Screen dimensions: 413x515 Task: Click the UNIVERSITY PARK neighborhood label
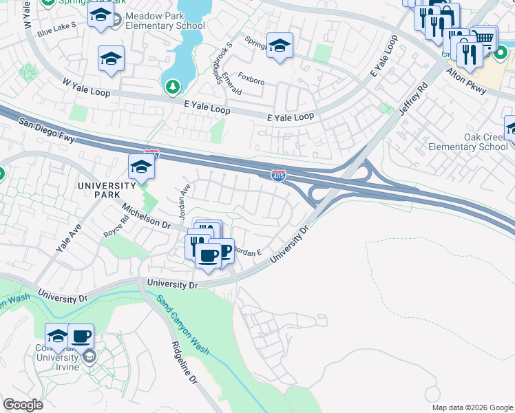107,190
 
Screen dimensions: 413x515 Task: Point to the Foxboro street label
251,81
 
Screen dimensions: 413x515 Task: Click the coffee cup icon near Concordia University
81,336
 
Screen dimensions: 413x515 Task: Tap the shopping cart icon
484,39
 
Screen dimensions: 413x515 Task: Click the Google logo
23,405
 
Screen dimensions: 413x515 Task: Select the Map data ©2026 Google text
472,407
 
